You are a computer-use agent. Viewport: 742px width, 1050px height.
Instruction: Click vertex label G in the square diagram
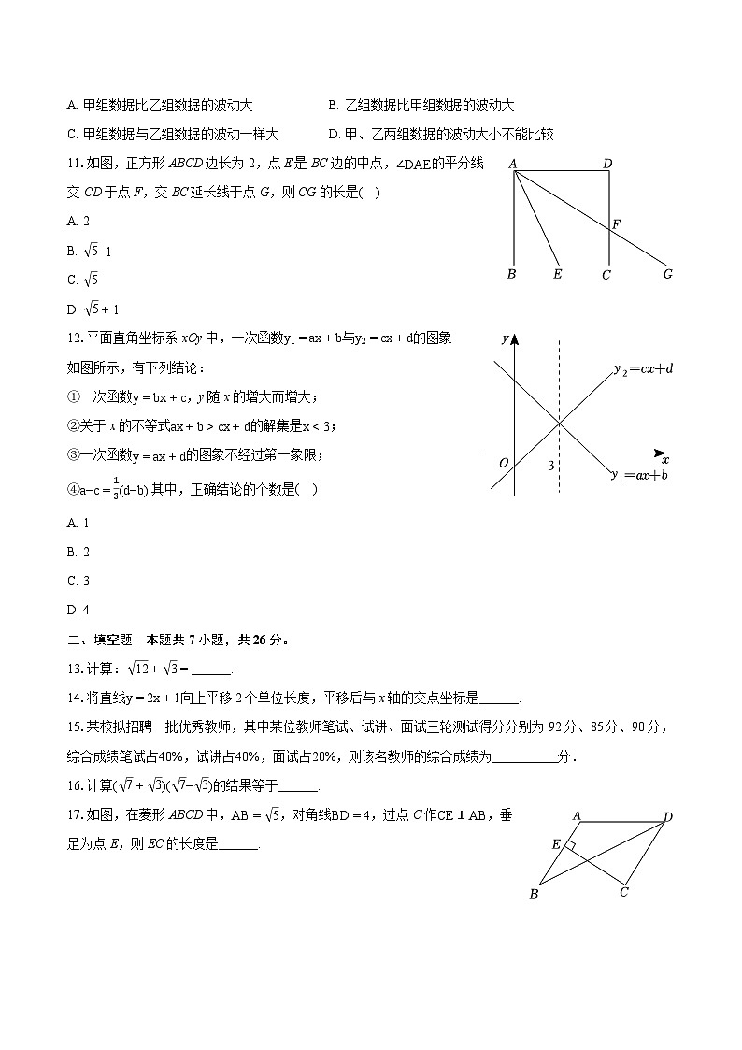(667, 274)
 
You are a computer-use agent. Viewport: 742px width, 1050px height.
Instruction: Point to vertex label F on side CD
(617, 224)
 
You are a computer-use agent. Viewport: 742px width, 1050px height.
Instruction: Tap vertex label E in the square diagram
(557, 274)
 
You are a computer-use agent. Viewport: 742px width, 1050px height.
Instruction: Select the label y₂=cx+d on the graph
(643, 368)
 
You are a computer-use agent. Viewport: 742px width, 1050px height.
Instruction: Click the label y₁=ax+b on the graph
(638, 475)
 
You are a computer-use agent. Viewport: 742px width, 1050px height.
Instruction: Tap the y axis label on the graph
(505, 338)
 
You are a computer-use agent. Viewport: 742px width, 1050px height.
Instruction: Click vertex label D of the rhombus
(668, 817)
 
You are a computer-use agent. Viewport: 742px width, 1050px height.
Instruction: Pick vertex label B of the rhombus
(534, 894)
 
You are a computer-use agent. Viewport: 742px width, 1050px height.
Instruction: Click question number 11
(76, 164)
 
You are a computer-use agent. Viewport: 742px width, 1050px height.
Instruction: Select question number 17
(76, 815)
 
